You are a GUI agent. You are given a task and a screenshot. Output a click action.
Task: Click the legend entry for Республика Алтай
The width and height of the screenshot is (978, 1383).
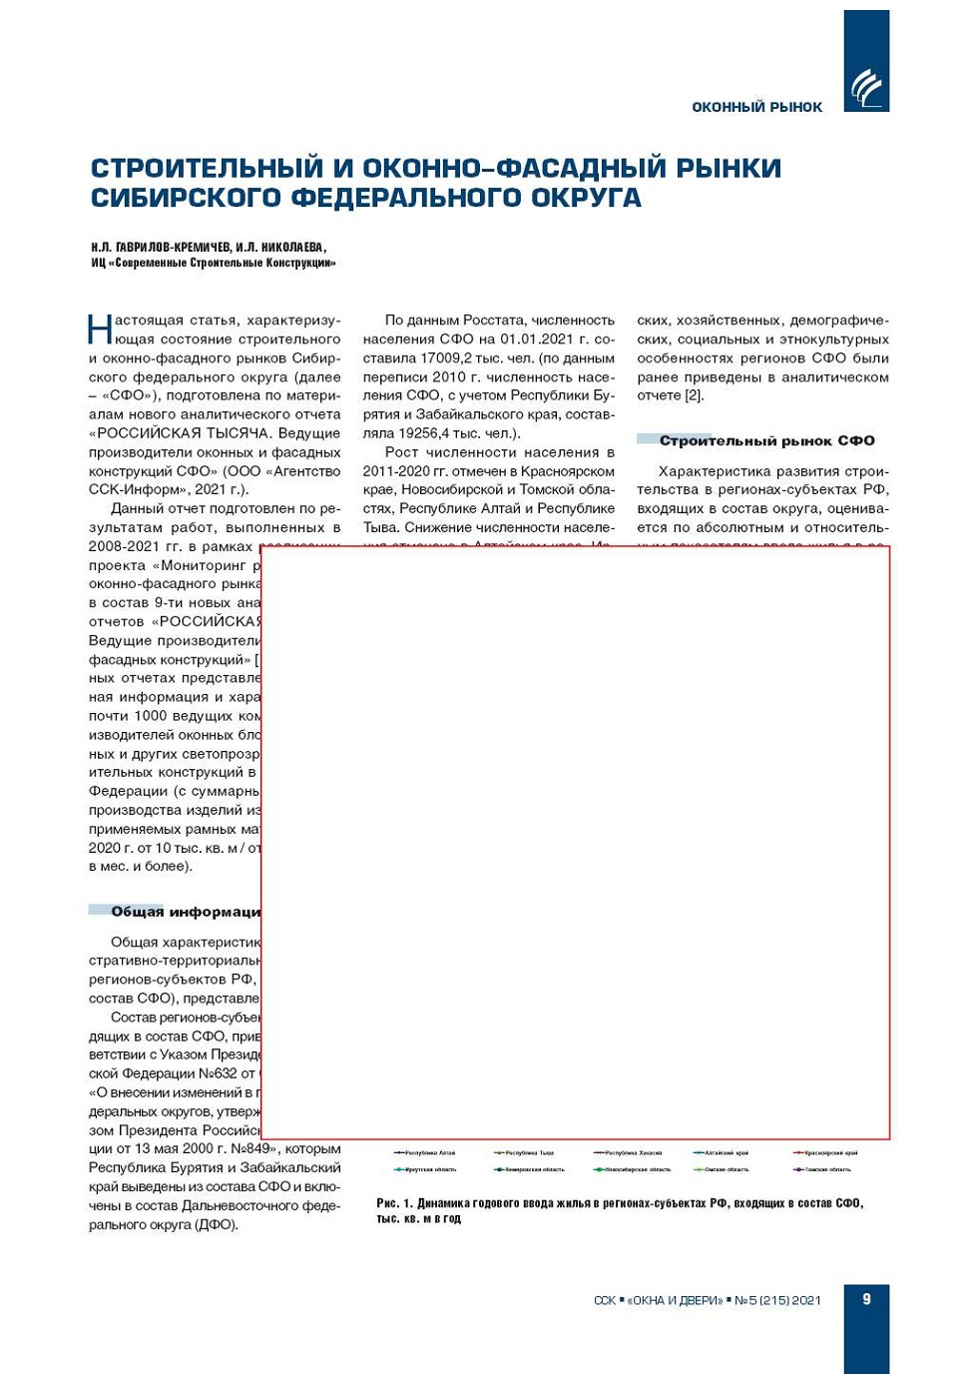426,1152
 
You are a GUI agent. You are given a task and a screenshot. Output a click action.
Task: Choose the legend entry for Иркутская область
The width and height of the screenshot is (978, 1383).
426,1169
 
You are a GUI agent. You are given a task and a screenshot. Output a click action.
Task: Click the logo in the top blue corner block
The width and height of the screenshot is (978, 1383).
866,87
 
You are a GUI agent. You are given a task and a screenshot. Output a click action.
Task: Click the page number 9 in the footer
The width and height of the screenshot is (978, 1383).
866,1298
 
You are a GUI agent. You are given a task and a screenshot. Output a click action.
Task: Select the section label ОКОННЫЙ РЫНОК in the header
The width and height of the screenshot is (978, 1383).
756,107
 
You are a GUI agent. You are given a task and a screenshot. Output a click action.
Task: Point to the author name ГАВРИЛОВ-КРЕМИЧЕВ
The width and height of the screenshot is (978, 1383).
173,247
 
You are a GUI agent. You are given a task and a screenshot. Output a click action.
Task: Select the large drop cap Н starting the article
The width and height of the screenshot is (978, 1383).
100,329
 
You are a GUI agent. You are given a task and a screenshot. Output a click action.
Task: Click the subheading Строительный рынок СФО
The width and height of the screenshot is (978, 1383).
766,440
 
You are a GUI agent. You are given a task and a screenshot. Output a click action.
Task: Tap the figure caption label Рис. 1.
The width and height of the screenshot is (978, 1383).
393,1203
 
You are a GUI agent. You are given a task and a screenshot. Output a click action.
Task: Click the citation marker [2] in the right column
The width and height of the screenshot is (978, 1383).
694,395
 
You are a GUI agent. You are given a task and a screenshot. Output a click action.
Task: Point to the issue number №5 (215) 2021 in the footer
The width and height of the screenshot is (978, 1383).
777,1299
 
